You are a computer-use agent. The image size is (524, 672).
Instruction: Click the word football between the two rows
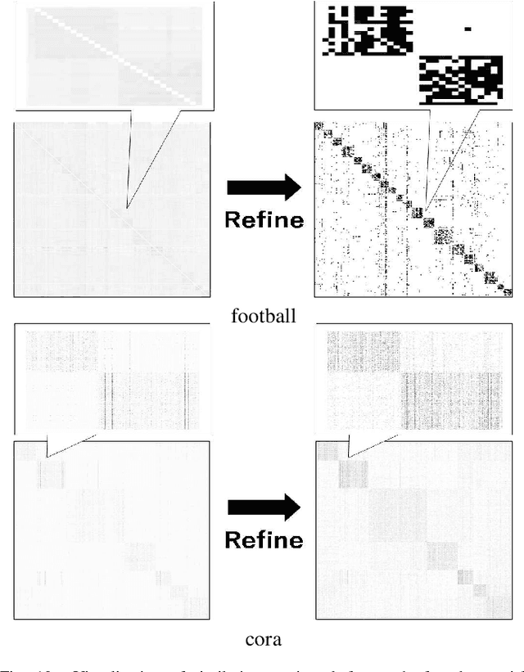(x=263, y=315)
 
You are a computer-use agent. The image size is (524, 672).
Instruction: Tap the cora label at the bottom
(x=263, y=639)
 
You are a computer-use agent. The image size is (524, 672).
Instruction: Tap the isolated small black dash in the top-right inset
(x=468, y=29)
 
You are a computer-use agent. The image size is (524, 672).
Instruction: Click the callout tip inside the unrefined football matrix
(x=127, y=210)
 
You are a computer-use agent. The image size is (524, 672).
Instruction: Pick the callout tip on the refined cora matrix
(x=349, y=457)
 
